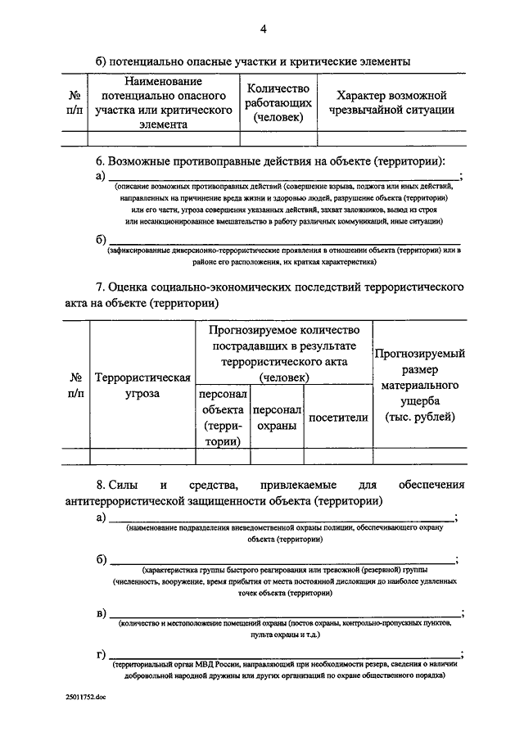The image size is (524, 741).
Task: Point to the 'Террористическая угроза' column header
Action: (143, 386)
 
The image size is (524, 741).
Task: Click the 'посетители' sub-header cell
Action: (337, 417)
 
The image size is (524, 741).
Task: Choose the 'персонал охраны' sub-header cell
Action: (278, 417)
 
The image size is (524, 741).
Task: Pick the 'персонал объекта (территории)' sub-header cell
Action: (223, 417)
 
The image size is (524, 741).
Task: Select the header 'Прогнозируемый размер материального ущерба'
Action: (419, 386)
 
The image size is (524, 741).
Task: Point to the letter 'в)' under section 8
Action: (101, 613)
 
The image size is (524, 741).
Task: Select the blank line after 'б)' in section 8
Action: (282, 559)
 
